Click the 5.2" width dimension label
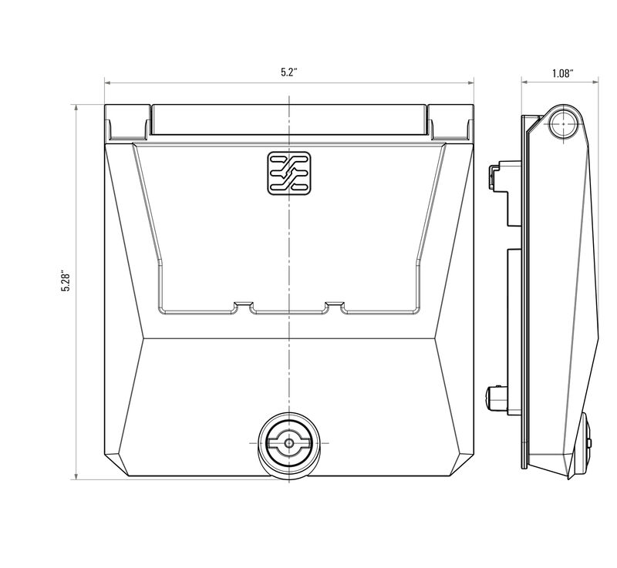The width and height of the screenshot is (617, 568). click(289, 72)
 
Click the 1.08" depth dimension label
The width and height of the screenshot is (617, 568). click(561, 73)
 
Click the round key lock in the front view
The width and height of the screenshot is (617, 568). click(288, 444)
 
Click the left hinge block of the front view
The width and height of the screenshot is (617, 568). click(127, 122)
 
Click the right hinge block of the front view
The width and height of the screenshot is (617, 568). click(450, 122)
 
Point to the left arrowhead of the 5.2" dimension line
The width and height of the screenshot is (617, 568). click(108, 81)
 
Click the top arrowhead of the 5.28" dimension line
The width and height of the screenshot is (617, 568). click(76, 107)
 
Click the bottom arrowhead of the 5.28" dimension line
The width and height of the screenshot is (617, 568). click(76, 476)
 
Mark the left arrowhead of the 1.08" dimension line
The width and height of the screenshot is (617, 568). click(524, 81)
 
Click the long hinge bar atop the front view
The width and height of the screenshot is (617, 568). click(288, 119)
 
